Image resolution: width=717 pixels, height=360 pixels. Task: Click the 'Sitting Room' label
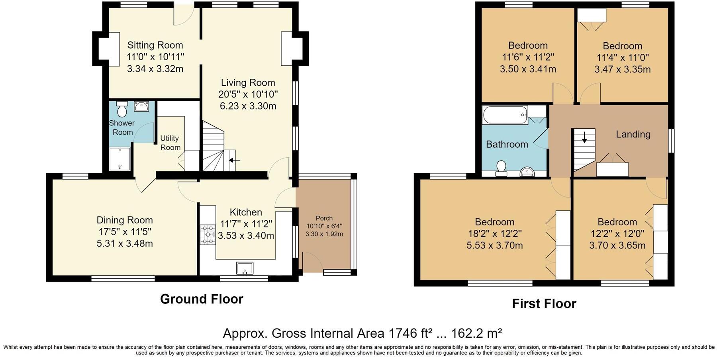(155, 45)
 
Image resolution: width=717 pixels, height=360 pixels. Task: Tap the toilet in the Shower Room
(122, 109)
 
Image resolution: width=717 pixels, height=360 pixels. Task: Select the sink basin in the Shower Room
(141, 106)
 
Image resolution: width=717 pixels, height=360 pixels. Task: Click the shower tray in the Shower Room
(120, 159)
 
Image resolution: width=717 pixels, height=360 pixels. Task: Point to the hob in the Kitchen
(208, 235)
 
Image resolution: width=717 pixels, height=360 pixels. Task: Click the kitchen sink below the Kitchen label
(245, 268)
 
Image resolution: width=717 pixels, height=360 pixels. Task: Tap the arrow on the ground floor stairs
(235, 160)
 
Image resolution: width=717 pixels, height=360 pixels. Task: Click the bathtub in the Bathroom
(505, 115)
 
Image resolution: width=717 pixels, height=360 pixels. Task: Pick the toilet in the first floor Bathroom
(501, 168)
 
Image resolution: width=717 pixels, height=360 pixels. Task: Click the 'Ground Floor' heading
(202, 299)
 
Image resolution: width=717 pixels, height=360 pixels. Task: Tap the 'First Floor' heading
(544, 304)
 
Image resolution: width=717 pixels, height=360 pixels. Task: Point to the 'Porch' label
(324, 218)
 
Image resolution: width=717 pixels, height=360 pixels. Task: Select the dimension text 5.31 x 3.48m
(125, 243)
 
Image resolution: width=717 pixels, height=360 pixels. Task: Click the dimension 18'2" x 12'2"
(495, 233)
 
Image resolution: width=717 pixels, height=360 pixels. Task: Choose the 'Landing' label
(633, 134)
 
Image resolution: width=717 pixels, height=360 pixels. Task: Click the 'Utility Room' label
(170, 143)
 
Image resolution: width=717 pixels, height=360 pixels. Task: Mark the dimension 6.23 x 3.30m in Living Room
(248, 106)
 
